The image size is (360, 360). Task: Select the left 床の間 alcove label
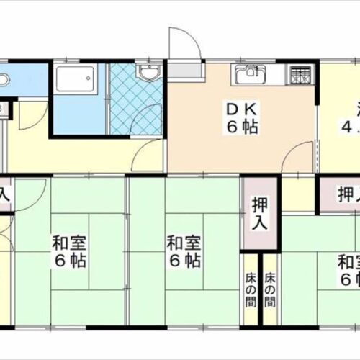click(250, 282)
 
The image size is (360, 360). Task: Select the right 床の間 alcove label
click(269, 282)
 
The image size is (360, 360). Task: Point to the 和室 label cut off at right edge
click(348, 261)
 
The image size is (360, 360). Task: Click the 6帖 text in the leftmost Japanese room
click(68, 260)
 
